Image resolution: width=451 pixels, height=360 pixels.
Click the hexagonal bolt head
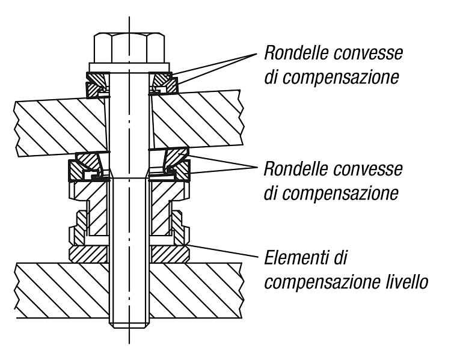point(129,48)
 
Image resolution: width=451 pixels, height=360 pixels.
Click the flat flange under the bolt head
point(129,67)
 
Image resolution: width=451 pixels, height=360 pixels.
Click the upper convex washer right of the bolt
point(163,84)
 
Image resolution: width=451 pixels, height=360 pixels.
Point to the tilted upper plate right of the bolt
point(197,120)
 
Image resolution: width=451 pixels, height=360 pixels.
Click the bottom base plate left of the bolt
point(62,290)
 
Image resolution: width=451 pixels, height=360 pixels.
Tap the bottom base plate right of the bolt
point(196,290)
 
